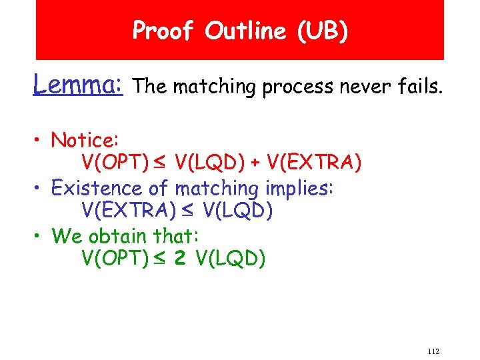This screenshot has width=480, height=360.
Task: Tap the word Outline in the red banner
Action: pyautogui.click(x=242, y=31)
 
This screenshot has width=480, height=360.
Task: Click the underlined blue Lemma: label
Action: pyautogui.click(x=78, y=85)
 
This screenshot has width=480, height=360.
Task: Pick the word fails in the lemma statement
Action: pyautogui.click(x=419, y=85)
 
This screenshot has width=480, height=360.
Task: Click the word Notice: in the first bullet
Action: pyautogui.click(x=85, y=140)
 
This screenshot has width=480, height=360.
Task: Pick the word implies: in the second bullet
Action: pyautogui.click(x=300, y=188)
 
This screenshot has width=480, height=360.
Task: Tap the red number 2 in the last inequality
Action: pyautogui.click(x=180, y=258)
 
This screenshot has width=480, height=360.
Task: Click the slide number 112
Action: pyautogui.click(x=433, y=351)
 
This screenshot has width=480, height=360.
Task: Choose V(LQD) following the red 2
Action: pyautogui.click(x=231, y=258)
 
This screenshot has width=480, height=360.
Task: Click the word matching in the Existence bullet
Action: pyautogui.click(x=213, y=188)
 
